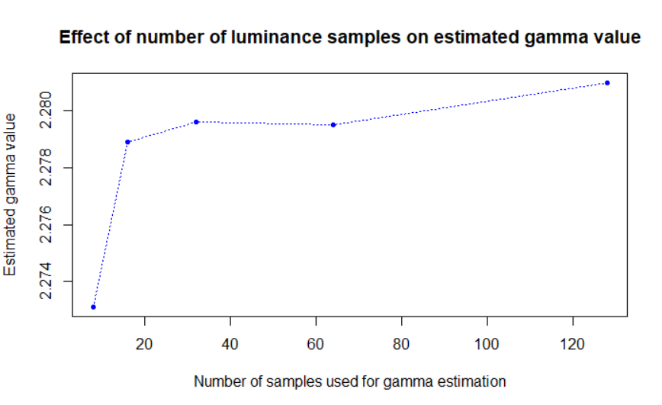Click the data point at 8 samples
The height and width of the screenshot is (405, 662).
(93, 307)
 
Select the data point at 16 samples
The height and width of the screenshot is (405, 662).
(127, 142)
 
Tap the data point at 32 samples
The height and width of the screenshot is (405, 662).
(196, 122)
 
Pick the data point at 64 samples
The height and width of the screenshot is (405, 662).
(333, 124)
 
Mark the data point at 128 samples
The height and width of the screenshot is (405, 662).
(607, 82)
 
